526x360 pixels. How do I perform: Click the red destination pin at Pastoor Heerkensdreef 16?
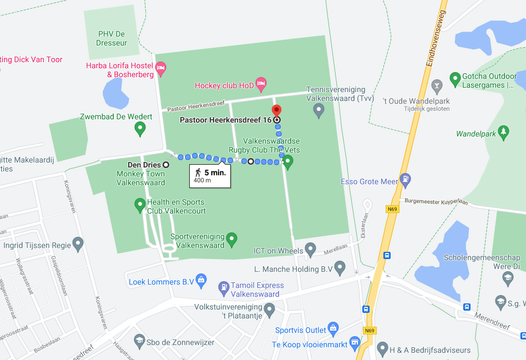tap(276, 109)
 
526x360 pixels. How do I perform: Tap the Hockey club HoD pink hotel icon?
tap(261, 84)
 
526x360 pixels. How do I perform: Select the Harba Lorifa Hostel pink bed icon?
tap(161, 69)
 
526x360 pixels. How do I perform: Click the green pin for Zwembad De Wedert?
tap(140, 129)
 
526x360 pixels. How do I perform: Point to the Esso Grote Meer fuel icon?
tap(406, 180)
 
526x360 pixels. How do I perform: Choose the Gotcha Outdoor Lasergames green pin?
tap(455, 79)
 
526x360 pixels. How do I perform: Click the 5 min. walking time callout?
tap(209, 176)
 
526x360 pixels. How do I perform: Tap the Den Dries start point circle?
tap(166, 165)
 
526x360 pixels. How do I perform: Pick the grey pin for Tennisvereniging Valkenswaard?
tap(318, 110)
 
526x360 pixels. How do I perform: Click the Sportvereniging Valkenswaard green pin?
tap(232, 239)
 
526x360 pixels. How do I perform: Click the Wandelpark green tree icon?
tap(503, 132)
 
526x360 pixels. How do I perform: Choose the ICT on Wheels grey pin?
tap(311, 249)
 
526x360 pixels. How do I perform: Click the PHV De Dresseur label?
tap(112, 38)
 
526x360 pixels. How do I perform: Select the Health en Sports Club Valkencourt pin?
tap(140, 205)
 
